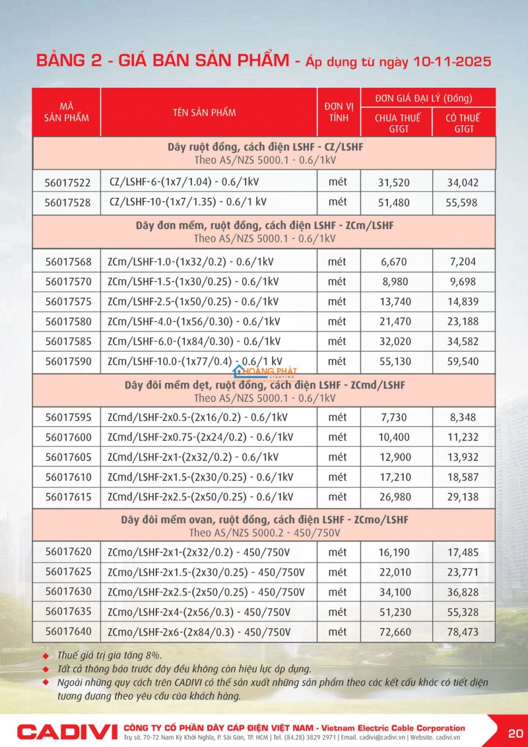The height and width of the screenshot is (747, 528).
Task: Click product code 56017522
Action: click(68, 183)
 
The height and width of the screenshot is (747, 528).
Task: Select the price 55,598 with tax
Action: click(461, 203)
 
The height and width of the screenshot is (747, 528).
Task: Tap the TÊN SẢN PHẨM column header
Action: click(204, 112)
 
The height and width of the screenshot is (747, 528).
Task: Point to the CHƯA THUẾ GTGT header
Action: click(397, 123)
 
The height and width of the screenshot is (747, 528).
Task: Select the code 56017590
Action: click(68, 362)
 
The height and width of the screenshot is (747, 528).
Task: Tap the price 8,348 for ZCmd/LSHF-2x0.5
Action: click(462, 417)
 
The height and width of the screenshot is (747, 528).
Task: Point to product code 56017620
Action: click(68, 552)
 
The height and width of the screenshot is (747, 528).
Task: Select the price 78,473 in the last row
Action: click(462, 632)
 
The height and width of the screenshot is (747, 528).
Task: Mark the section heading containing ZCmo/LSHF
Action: click(264, 519)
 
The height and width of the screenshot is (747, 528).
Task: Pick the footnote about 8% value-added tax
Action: click(109, 655)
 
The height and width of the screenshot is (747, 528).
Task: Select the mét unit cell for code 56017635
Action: click(337, 612)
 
